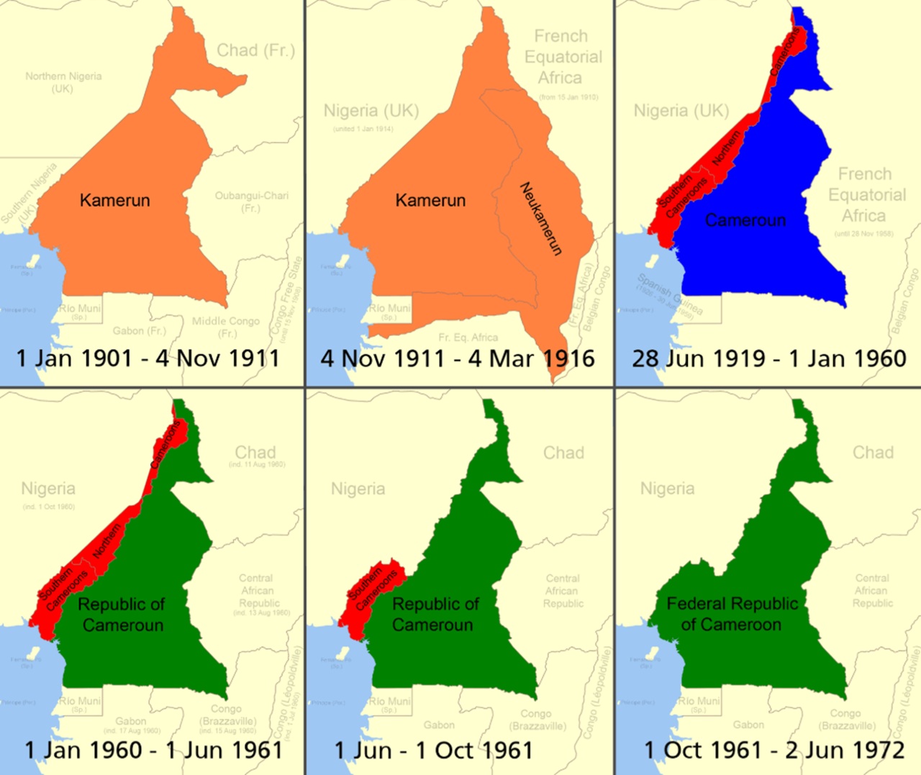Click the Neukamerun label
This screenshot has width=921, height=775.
[540, 219]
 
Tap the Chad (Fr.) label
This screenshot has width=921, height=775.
[256, 50]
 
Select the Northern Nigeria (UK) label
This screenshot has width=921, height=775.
[63, 81]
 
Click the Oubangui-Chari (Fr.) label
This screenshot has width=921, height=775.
[251, 201]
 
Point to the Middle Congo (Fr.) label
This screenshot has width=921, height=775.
[226, 327]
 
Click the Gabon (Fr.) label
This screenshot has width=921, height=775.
[139, 331]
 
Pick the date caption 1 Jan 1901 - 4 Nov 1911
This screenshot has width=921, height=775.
[148, 358]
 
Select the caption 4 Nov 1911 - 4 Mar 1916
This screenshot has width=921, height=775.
[458, 358]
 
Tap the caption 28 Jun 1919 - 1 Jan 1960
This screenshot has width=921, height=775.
[768, 358]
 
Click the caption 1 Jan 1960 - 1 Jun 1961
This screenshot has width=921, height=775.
[153, 750]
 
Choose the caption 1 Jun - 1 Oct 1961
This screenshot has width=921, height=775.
[433, 750]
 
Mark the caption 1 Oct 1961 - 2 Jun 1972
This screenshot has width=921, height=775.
[773, 750]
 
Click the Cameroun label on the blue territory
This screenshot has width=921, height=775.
[745, 220]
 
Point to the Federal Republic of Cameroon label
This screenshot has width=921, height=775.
[732, 614]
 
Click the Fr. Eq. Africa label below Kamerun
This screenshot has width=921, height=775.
[468, 337]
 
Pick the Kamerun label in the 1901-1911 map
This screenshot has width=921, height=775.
[115, 200]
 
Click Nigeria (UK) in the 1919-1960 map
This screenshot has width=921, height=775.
[681, 111]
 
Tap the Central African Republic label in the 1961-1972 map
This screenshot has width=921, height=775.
[872, 590]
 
